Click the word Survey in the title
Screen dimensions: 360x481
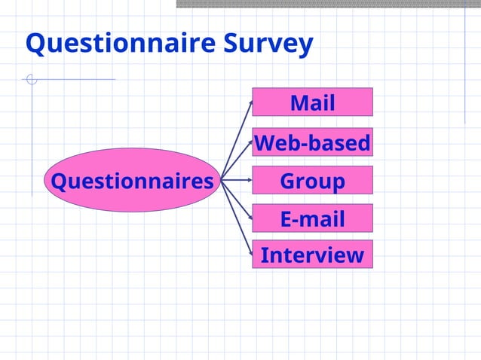point(268,44)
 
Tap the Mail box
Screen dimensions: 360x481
point(312,102)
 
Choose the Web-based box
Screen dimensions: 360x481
point(312,142)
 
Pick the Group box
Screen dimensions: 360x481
point(312,181)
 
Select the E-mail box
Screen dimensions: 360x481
point(312,218)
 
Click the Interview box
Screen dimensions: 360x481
point(312,255)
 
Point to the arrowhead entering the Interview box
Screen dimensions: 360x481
point(250,254)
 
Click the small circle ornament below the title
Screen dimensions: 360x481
point(32,79)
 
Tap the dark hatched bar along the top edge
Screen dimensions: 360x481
point(328,4)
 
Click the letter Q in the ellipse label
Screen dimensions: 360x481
point(57,181)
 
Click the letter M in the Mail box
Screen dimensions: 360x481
point(299,102)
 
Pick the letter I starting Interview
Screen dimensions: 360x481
point(265,255)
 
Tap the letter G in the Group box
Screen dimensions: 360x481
point(289,181)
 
